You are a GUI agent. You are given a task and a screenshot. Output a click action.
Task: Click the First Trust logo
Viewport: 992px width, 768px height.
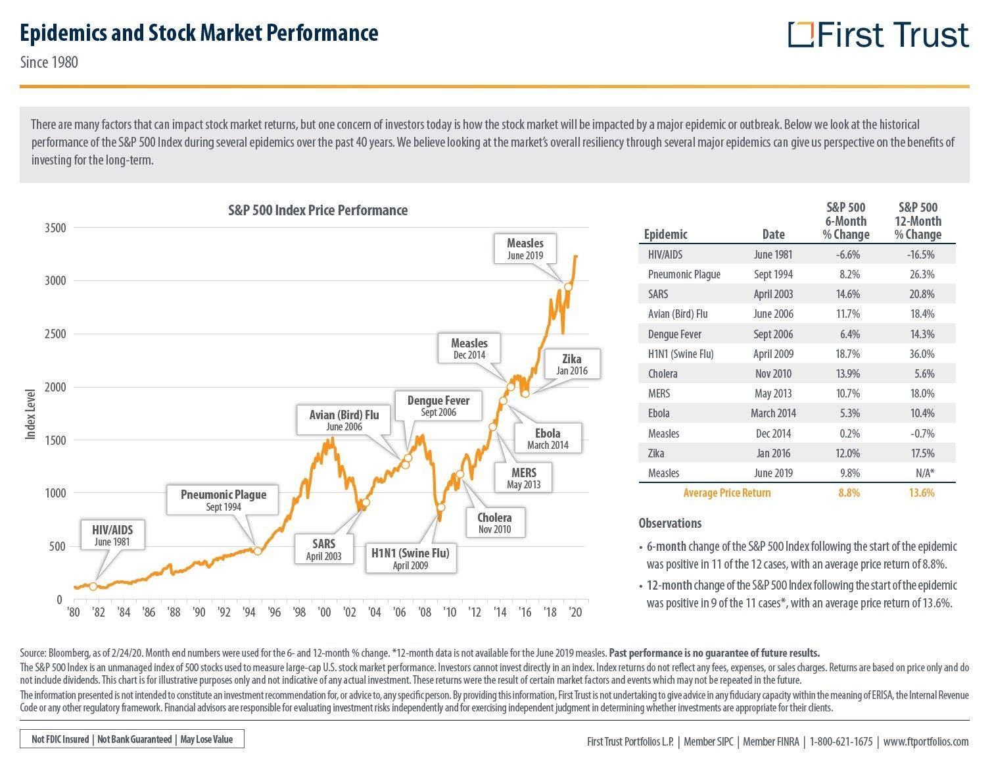click(x=878, y=35)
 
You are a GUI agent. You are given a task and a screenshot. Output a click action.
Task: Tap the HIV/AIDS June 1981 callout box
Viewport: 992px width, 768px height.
click(x=113, y=535)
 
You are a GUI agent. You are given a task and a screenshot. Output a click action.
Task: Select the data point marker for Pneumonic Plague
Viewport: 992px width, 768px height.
click(x=258, y=551)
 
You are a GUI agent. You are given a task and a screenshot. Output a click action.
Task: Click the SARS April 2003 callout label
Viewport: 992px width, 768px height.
click(x=323, y=549)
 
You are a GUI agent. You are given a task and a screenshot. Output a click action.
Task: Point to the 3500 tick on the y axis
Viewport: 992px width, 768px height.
click(x=55, y=228)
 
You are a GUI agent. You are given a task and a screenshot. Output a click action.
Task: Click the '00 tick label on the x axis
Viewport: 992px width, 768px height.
click(x=324, y=612)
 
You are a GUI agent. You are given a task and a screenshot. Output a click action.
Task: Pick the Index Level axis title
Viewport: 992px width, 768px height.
click(x=31, y=415)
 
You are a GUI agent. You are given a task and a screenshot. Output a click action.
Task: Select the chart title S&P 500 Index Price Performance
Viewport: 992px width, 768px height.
click(x=318, y=210)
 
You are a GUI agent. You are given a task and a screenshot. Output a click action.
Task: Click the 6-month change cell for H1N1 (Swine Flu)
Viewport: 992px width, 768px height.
click(x=848, y=353)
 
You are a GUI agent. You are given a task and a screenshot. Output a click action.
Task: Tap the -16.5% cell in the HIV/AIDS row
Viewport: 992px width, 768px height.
click(x=920, y=255)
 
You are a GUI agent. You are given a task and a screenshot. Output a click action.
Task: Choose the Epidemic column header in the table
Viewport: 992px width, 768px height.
click(x=665, y=234)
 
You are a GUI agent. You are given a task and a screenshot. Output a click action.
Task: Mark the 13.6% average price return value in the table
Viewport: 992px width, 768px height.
click(x=921, y=493)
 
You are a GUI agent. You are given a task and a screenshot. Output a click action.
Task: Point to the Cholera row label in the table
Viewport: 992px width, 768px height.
click(x=663, y=374)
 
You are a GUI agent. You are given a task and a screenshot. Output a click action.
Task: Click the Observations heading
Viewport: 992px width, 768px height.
click(x=670, y=523)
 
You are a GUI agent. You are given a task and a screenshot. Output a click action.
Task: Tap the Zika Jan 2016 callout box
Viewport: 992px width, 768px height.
click(x=571, y=364)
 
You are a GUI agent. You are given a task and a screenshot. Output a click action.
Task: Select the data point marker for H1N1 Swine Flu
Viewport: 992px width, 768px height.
click(x=441, y=507)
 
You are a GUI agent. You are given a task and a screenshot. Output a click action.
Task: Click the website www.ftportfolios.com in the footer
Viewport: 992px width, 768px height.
click(x=926, y=742)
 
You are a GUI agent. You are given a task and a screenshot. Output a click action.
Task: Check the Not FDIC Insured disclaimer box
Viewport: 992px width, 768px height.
click(x=132, y=739)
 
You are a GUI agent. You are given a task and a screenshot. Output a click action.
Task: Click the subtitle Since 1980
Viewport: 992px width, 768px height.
click(x=49, y=62)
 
